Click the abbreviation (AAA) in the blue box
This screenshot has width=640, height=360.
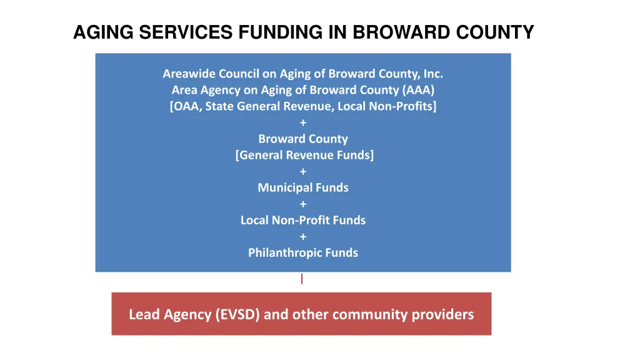tap(419, 90)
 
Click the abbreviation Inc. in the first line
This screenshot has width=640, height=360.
tap(432, 74)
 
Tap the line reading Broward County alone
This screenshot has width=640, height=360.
tap(303, 139)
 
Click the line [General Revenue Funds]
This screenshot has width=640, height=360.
tap(304, 155)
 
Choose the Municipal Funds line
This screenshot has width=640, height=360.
tap(303, 187)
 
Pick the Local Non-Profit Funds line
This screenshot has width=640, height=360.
tap(303, 220)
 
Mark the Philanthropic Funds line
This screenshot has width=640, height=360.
tap(303, 252)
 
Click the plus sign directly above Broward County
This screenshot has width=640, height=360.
tap(303, 122)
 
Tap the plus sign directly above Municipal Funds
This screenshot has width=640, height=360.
tap(303, 171)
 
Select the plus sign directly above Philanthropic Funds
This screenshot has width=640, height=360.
tap(303, 236)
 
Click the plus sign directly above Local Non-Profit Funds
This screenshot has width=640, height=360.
tap(303, 204)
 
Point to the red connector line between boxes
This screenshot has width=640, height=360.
tap(302, 279)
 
